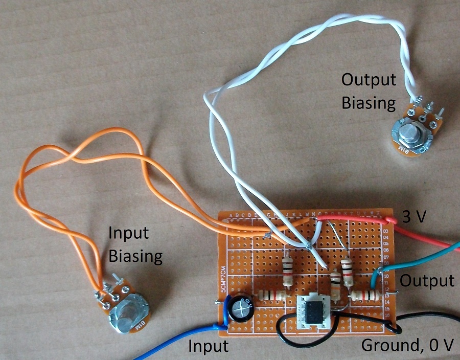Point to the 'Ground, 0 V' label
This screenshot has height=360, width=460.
click(x=407, y=346)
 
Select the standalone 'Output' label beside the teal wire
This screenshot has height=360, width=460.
click(x=427, y=280)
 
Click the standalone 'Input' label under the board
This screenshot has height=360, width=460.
click(x=208, y=346)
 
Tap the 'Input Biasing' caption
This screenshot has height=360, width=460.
click(x=135, y=244)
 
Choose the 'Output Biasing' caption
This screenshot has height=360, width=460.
click(x=369, y=91)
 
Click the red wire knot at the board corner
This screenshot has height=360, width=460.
click(x=391, y=220)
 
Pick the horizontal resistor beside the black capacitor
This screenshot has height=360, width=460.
click(x=271, y=296)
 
